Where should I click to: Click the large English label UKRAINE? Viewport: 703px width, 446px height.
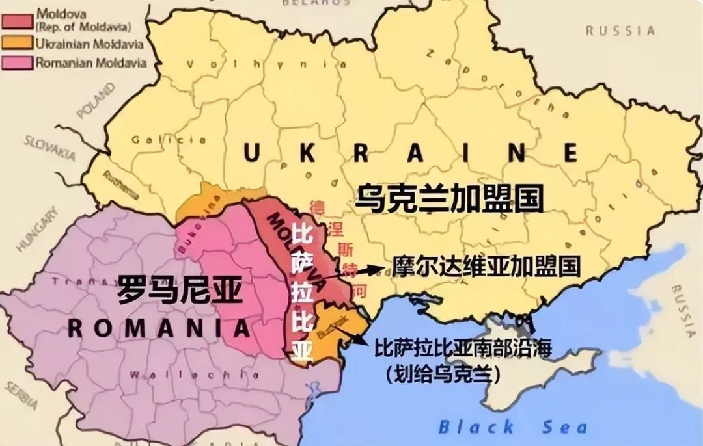pos(411,153)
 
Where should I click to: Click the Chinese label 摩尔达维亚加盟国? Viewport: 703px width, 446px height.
pos(486,266)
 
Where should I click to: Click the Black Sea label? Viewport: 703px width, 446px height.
pos(512,427)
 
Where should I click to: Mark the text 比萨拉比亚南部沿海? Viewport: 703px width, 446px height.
pos(463,348)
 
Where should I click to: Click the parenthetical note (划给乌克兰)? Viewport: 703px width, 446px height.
pos(437,375)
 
